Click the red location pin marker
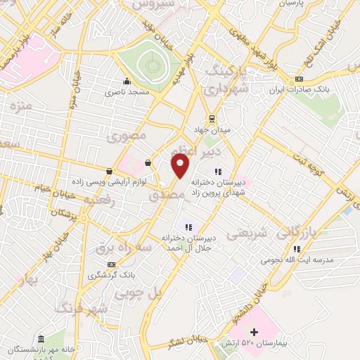click(181, 166)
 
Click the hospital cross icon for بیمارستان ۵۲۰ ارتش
click(254, 330)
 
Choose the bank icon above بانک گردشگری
click(111, 264)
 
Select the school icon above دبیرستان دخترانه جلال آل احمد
click(187, 226)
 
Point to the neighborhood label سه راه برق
click(105, 250)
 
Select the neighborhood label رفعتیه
click(98, 200)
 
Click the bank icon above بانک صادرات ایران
click(300, 79)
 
